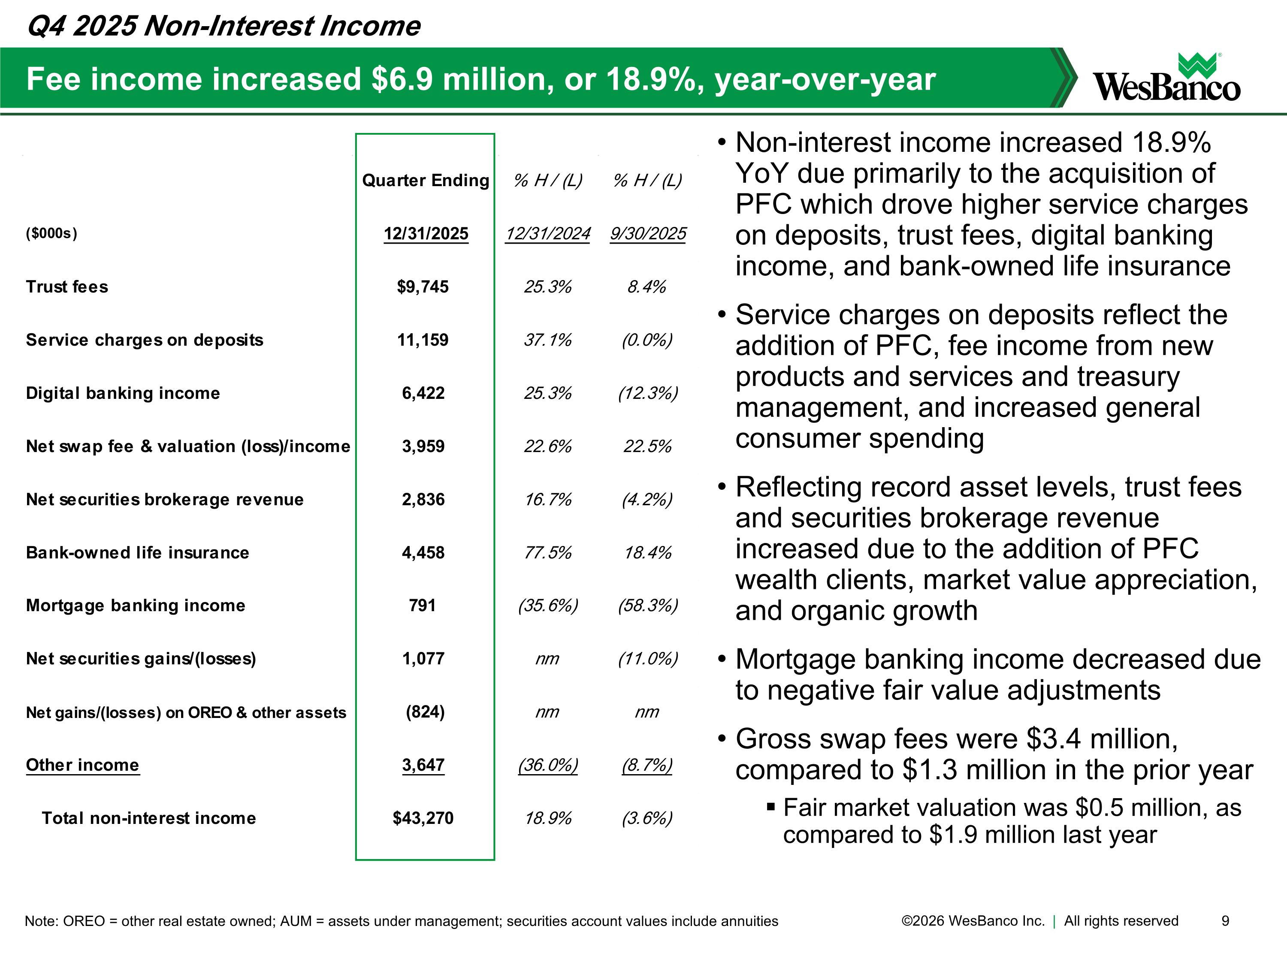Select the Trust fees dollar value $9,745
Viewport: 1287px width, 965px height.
pyautogui.click(x=423, y=287)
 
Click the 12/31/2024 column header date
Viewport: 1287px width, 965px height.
pyautogui.click(x=547, y=234)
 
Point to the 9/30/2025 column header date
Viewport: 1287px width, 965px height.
pyautogui.click(x=647, y=234)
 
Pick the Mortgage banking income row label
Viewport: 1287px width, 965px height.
pyautogui.click(x=136, y=606)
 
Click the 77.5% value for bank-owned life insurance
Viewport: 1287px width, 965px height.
pyautogui.click(x=547, y=552)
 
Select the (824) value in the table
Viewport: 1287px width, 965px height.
pyautogui.click(x=425, y=712)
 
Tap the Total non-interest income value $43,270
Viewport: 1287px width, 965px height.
pyautogui.click(x=423, y=818)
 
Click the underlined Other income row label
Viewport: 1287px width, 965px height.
pyautogui.click(x=83, y=765)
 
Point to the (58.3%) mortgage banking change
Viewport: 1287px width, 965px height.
pyautogui.click(x=647, y=606)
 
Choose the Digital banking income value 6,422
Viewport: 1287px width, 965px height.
pyautogui.click(x=423, y=393)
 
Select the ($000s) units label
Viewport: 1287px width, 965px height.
pyautogui.click(x=51, y=233)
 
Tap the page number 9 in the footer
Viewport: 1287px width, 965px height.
pyautogui.click(x=1225, y=921)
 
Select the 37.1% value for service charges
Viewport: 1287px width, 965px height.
pyautogui.click(x=547, y=340)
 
